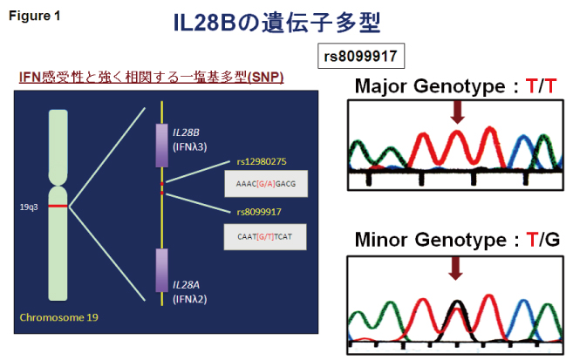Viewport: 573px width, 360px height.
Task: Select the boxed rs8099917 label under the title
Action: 360,56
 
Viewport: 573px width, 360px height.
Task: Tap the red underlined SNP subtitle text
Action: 152,78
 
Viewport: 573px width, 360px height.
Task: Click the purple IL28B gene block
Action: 161,145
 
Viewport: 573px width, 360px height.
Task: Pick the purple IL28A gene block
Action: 161,270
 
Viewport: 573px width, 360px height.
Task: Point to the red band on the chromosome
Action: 58,207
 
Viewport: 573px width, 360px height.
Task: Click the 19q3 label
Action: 30,207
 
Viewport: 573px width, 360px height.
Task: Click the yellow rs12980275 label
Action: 262,161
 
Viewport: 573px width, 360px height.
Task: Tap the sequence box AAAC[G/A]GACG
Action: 264,185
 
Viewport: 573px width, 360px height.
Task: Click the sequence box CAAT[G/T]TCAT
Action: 265,235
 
